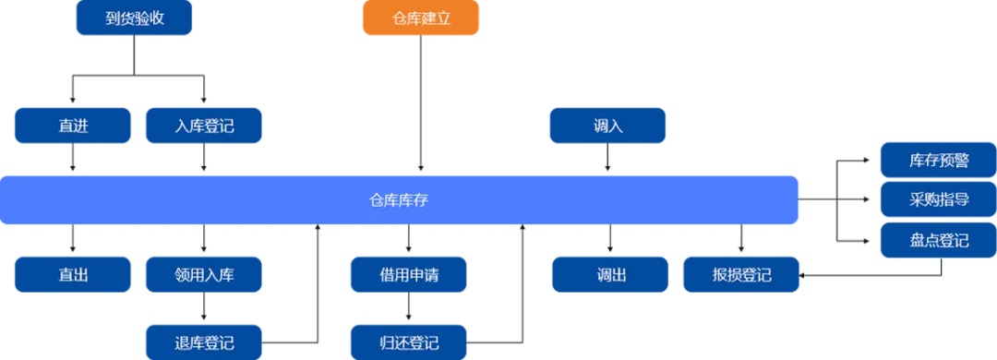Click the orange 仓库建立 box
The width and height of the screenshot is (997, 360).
pos(421,18)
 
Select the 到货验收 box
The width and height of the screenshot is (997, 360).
pos(134,18)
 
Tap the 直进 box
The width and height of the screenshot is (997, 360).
pos(72,126)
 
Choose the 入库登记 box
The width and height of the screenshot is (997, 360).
pos(203,126)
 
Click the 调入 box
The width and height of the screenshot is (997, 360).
pos(607,126)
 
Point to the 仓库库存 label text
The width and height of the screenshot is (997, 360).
pos(398,199)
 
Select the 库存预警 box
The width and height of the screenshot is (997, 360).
pos(938,160)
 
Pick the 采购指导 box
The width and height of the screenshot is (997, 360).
pos(938,199)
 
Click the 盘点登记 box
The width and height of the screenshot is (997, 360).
pos(938,240)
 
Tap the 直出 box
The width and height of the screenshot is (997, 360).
pos(72,274)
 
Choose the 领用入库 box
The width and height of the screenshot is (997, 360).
pos(203,274)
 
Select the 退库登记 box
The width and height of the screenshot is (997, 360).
pos(203,342)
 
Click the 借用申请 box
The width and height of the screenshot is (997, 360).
pos(408,274)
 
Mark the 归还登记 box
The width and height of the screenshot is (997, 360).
pos(408,342)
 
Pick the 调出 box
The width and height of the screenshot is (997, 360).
pos(609,274)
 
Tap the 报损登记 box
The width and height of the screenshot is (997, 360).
pos(741,274)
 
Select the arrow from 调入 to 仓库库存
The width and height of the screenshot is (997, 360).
pos(607,158)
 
